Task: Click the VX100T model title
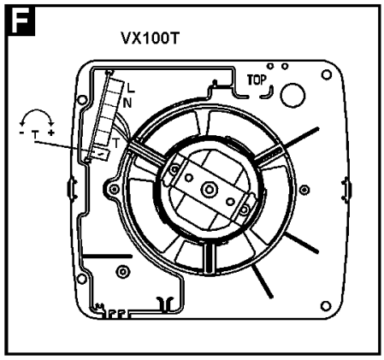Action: click(x=151, y=38)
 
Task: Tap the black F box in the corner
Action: click(x=21, y=21)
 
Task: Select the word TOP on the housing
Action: click(x=257, y=80)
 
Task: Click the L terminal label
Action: click(x=131, y=88)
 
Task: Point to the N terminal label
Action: click(x=127, y=103)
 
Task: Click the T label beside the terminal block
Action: click(x=115, y=143)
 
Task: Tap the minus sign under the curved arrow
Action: click(x=21, y=133)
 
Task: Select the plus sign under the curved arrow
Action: click(x=51, y=133)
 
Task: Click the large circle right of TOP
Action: click(x=292, y=96)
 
